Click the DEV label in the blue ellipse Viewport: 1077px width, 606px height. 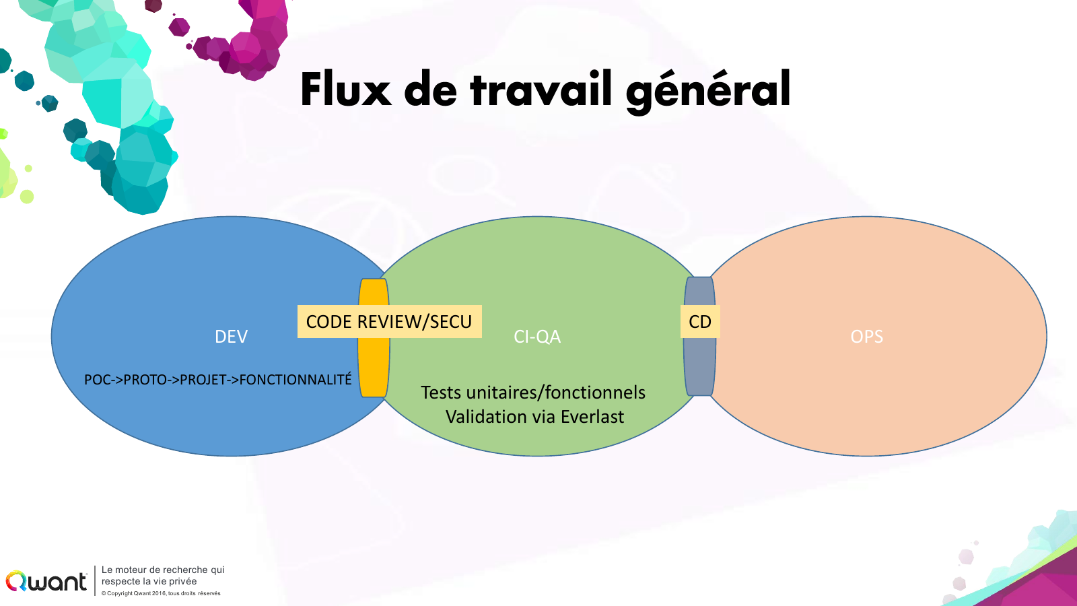click(x=232, y=336)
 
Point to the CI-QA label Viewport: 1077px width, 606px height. click(x=537, y=336)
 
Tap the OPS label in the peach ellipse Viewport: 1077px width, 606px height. click(x=866, y=336)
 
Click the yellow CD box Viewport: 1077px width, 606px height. click(x=700, y=321)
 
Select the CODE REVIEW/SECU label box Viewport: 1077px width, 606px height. click(x=390, y=321)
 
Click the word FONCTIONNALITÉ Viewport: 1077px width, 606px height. click(x=296, y=379)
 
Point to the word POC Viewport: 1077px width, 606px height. click(x=97, y=380)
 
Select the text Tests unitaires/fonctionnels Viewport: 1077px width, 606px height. click(x=532, y=393)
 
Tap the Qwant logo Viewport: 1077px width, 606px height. click(x=46, y=582)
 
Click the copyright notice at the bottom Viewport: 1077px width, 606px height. click(x=161, y=593)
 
